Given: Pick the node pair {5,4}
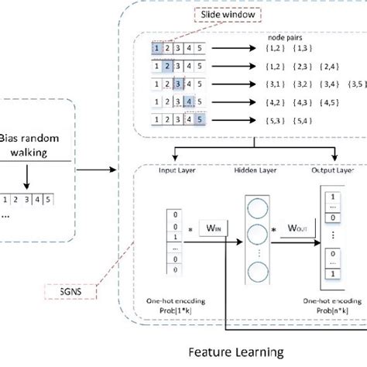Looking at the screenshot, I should point(298,118).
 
